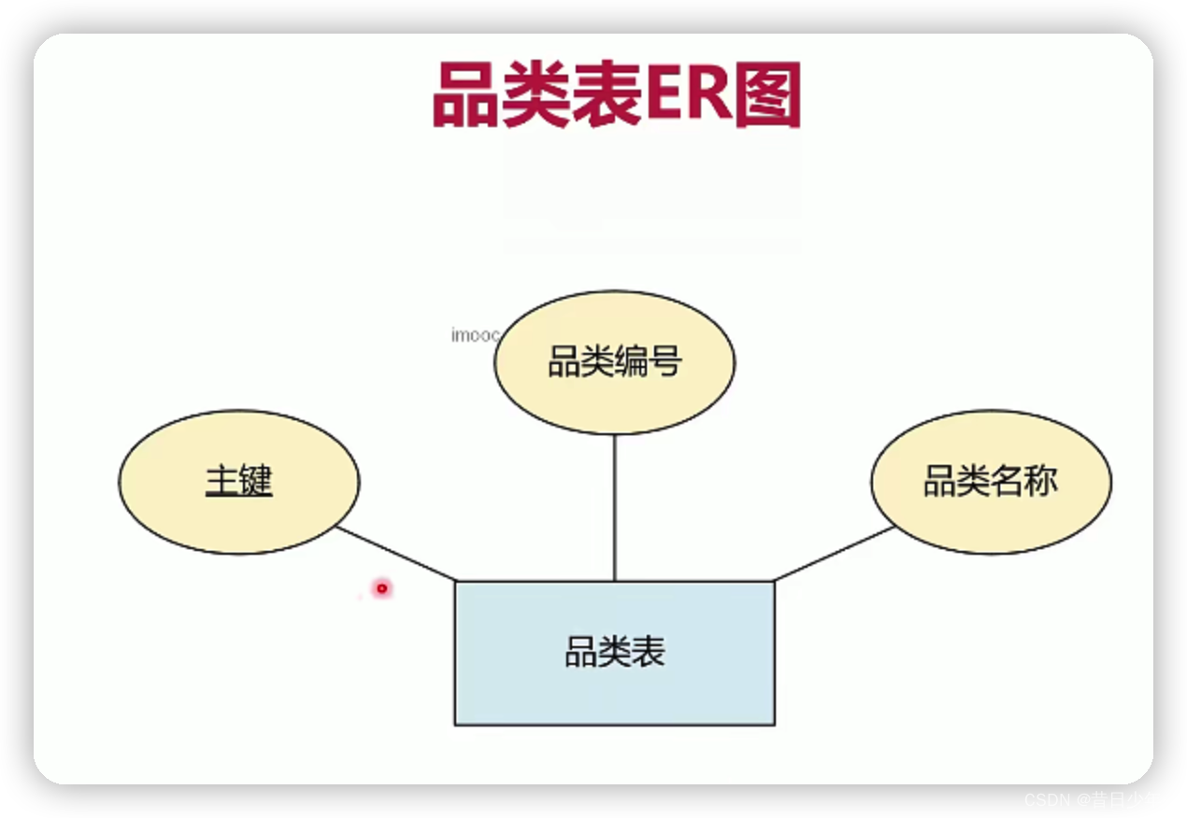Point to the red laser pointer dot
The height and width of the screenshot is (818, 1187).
381,588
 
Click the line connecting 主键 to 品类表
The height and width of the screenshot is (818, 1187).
396,554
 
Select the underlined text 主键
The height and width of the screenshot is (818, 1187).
238,482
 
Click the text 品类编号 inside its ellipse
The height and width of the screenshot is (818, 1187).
614,361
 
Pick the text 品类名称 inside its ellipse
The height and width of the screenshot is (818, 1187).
991,482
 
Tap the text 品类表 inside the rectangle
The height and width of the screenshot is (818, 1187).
614,652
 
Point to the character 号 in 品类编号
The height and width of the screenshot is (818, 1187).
665,361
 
